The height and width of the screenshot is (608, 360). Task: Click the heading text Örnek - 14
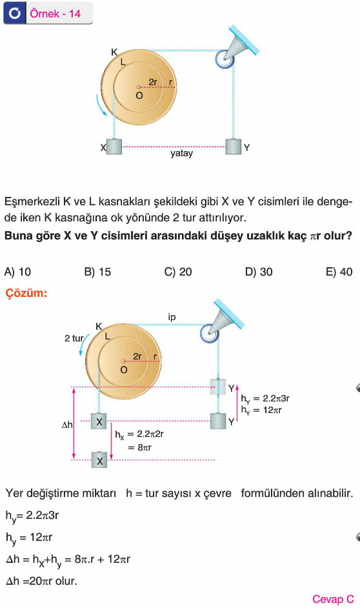55,14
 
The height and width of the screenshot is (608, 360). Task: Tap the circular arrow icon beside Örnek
15,14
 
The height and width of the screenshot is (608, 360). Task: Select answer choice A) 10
17,272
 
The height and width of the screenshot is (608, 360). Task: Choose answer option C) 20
178,272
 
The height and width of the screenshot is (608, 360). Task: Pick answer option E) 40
339,272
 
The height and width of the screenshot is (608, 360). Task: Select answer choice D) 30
259,272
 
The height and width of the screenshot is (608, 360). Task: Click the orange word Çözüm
26,293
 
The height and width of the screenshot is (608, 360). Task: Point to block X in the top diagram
114,147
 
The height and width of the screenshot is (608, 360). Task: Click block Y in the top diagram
234,147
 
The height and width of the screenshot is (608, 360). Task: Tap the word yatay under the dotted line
181,154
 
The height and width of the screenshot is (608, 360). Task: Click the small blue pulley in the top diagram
225,59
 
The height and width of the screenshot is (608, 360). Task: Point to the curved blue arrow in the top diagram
101,105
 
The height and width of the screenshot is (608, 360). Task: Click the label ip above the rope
172,317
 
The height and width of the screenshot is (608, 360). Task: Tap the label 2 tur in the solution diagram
74,338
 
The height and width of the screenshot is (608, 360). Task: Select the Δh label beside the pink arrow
67,425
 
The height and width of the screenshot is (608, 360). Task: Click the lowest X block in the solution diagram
99,460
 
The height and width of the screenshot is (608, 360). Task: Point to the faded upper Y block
218,387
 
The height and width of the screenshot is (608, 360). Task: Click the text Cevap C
334,599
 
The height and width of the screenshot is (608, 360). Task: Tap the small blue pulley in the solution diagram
210,333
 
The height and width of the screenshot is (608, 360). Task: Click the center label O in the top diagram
139,96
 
